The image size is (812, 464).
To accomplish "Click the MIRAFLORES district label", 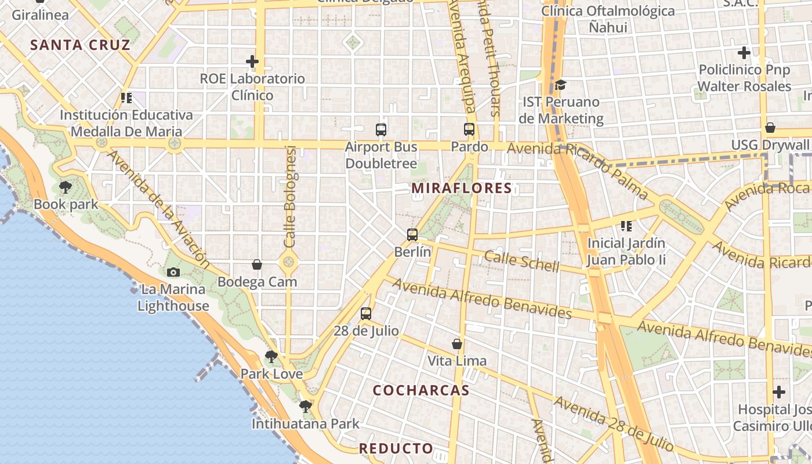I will click(462, 188).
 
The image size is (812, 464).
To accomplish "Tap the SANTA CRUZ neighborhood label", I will click(80, 45).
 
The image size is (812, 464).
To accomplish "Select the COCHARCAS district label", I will click(420, 390).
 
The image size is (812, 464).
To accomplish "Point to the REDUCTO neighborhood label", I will click(396, 448).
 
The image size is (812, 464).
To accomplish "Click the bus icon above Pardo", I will click(469, 129).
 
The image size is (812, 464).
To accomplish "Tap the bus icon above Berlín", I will click(412, 235).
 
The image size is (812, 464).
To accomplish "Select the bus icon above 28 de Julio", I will click(366, 314).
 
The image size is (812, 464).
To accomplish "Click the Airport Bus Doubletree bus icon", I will click(381, 130).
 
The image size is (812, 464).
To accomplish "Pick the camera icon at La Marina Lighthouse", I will click(173, 272).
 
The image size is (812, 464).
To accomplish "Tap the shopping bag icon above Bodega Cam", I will click(257, 265).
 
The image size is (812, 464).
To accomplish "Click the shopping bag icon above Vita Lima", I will click(457, 344).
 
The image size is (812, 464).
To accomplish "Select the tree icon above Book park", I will click(66, 187).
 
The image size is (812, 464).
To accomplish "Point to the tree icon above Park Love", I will click(271, 357).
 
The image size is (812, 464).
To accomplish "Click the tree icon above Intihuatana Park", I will click(306, 407).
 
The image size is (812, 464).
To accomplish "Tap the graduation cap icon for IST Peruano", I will click(560, 85).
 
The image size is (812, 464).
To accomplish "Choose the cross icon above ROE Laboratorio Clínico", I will click(252, 61).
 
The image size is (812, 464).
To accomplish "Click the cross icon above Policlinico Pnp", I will click(744, 53).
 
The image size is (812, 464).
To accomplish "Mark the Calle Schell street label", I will click(522, 261).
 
